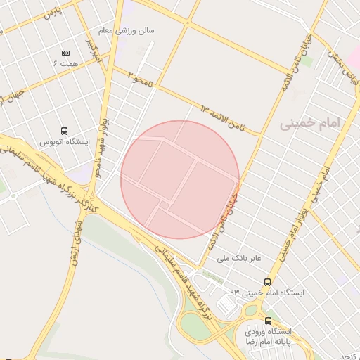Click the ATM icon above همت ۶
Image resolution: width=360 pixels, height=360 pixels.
coord(66,53)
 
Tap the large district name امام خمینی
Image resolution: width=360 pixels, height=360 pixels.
coord(309,124)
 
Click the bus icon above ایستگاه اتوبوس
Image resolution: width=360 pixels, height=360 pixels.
coord(65,131)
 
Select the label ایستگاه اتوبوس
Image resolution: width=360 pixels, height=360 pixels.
coord(65,142)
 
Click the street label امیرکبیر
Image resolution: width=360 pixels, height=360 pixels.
coord(94,49)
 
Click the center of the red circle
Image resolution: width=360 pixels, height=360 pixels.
coord(180,179)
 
